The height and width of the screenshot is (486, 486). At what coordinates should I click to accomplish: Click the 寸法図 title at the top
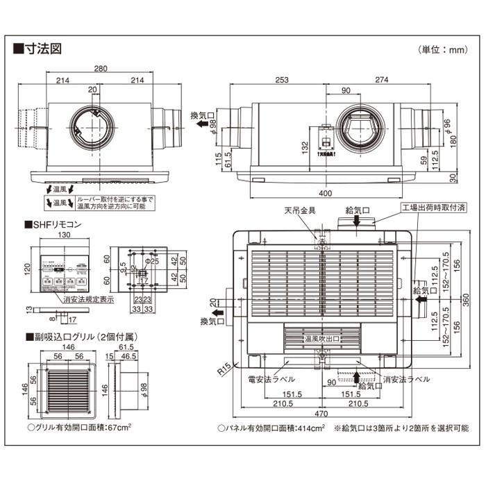pyautogui.click(x=40, y=49)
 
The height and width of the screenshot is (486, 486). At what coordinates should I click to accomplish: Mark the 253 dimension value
pyautogui.click(x=280, y=81)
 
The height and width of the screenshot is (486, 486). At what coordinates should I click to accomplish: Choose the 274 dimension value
pyautogui.click(x=381, y=81)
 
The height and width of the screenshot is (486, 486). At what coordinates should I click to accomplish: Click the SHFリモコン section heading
pyautogui.click(x=56, y=225)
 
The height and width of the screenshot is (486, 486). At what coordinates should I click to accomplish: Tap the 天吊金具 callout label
pyautogui.click(x=300, y=210)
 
